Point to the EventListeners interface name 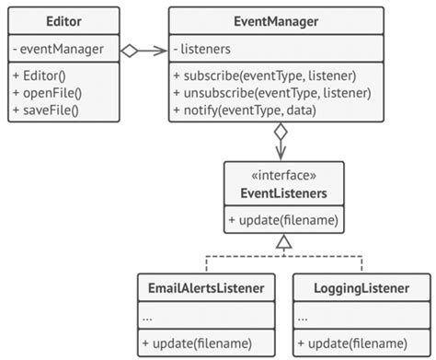[283, 192]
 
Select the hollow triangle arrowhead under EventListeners [283, 242]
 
